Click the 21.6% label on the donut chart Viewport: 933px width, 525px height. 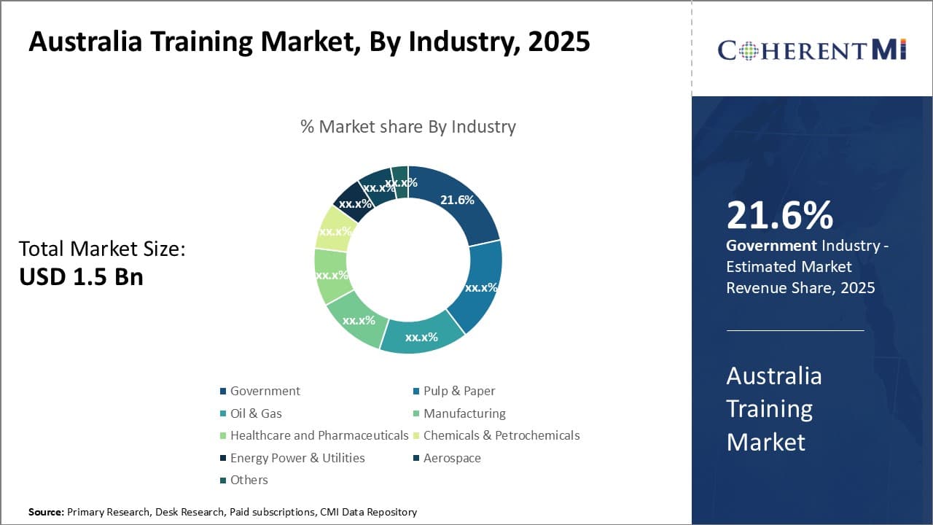[457, 200]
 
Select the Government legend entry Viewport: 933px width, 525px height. [265, 391]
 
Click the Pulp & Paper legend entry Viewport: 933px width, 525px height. [458, 391]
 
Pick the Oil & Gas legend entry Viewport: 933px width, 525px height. [256, 413]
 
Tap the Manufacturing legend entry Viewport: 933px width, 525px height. [464, 413]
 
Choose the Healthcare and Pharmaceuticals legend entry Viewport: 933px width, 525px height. [319, 435]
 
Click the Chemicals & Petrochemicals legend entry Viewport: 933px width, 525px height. [501, 435]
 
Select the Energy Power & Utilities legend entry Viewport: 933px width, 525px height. [297, 458]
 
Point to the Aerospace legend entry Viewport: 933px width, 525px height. [452, 458]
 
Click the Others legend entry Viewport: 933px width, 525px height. [249, 480]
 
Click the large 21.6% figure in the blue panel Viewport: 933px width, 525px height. [779, 215]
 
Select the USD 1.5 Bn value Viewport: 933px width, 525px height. [81, 277]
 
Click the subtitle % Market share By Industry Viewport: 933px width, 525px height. [407, 127]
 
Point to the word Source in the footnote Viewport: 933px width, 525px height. [46, 512]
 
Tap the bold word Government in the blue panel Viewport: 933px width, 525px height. [771, 246]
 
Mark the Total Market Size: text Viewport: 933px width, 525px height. [102, 249]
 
